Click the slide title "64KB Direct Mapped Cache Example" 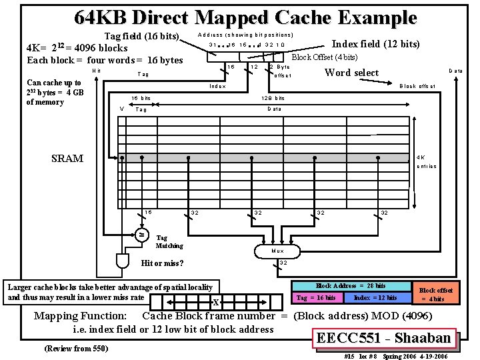(x=245, y=18)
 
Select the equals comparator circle (x=141, y=235)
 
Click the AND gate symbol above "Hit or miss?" (x=124, y=259)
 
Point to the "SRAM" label (x=67, y=159)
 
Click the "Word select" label (x=351, y=73)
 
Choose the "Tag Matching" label (x=169, y=241)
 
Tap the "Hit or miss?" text (x=163, y=263)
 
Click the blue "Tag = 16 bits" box (x=316, y=297)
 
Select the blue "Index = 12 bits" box (x=375, y=297)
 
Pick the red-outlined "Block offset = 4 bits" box (x=437, y=295)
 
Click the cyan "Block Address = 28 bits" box (x=351, y=286)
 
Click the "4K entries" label (x=426, y=161)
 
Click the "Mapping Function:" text (x=81, y=316)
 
